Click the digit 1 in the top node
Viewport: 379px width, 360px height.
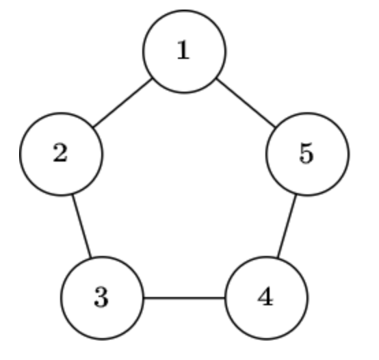(x=183, y=50)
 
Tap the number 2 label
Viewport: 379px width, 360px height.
(x=60, y=153)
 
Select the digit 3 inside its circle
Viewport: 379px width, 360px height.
(x=101, y=297)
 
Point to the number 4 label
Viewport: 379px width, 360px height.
(x=265, y=296)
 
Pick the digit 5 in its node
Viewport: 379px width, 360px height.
(x=306, y=153)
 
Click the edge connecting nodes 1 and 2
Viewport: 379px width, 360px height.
(x=122, y=103)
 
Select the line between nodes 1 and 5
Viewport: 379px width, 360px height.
(x=246, y=103)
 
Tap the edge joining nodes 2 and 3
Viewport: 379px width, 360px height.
(x=81, y=226)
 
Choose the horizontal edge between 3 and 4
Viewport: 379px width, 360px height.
(x=184, y=298)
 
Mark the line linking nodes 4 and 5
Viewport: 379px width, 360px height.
(x=287, y=226)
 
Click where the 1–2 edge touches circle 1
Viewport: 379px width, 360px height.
(x=152, y=78)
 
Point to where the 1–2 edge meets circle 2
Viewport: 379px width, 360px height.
(x=93, y=127)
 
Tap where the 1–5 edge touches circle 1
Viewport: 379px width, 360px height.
(x=217, y=78)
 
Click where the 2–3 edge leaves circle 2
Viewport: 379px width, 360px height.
(x=73, y=194)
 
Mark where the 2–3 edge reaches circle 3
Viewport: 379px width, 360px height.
(x=90, y=257)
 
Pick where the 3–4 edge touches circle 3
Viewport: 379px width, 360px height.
(x=144, y=298)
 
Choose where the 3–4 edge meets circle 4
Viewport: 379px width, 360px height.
(x=225, y=298)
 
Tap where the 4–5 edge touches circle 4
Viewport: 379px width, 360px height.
(x=278, y=257)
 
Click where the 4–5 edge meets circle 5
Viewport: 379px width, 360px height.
(x=296, y=194)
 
